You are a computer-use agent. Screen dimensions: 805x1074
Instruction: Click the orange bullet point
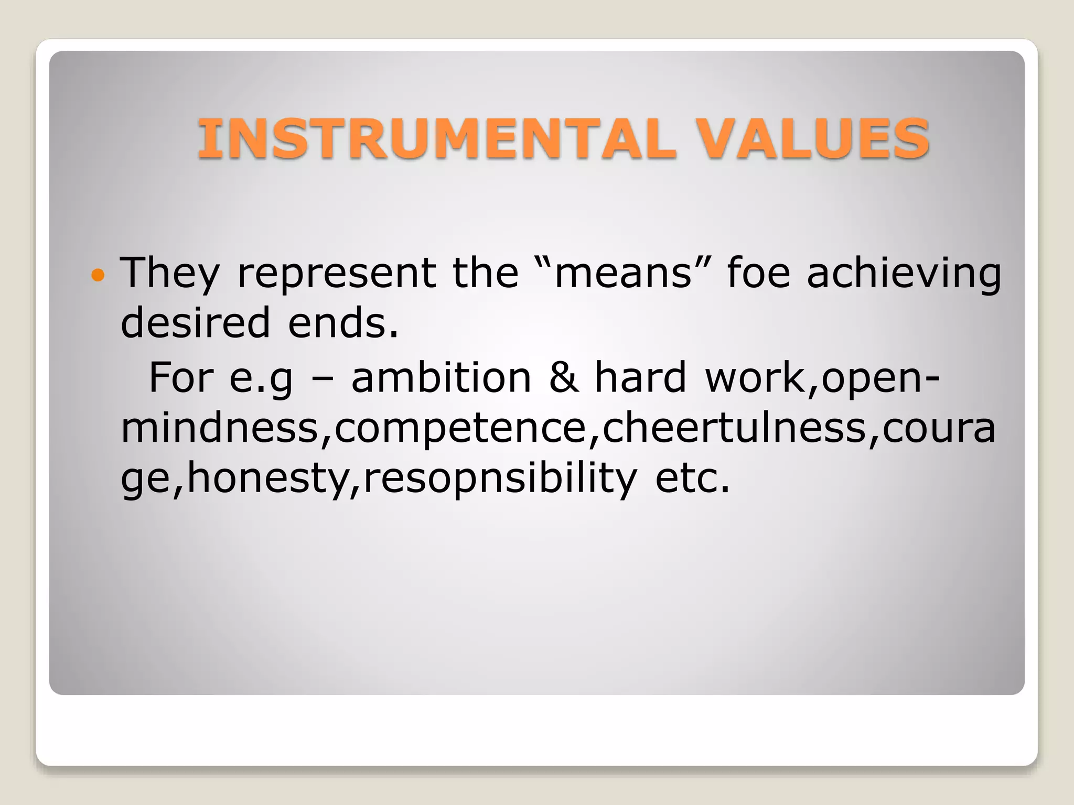tap(98, 274)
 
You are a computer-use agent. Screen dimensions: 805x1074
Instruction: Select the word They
tap(169, 274)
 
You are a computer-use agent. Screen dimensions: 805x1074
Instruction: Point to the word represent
tap(336, 274)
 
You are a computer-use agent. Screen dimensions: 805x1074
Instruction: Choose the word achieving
tap(904, 274)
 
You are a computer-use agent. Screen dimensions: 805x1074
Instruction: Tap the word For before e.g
tap(181, 377)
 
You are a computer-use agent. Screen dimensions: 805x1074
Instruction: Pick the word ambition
tap(441, 377)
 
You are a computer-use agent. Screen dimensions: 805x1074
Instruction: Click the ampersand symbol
tap(564, 377)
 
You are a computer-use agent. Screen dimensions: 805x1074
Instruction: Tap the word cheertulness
tap(734, 428)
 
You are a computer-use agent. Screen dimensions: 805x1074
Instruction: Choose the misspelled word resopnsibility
tap(500, 478)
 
